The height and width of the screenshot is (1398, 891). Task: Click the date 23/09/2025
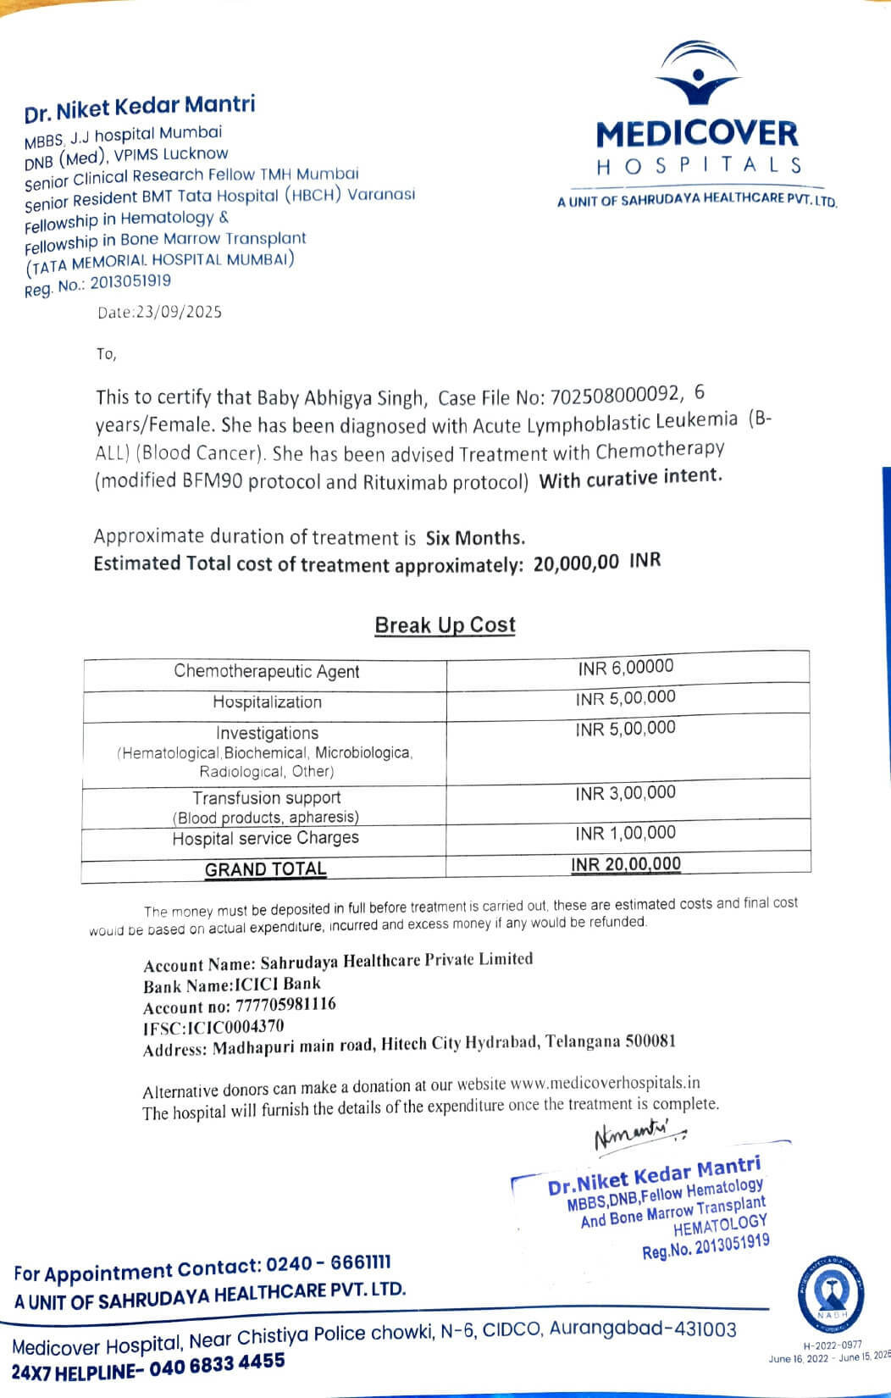click(180, 313)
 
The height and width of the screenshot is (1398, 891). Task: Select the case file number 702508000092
click(615, 396)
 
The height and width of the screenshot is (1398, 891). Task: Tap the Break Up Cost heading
click(445, 625)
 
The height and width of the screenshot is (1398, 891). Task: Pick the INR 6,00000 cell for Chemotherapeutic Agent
click(626, 668)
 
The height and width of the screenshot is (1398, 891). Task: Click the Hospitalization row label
click(267, 702)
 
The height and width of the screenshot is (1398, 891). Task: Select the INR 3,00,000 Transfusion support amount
click(625, 794)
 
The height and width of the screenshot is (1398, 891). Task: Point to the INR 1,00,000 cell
click(625, 834)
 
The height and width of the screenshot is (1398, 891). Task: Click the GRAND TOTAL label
click(265, 869)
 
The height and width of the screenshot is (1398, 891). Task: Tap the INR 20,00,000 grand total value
click(625, 864)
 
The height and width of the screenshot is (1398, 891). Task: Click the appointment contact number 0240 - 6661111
click(328, 1265)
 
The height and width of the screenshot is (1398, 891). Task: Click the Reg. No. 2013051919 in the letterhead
click(130, 282)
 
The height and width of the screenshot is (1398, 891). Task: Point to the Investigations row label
click(267, 733)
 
